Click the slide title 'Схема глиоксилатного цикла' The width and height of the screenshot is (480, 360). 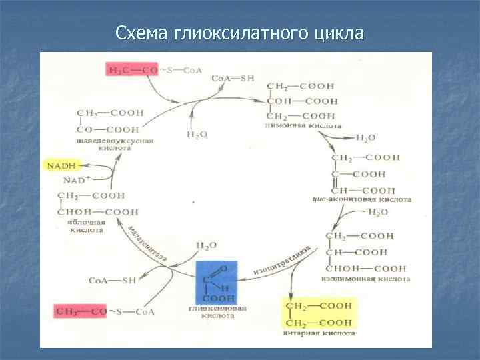[x=239, y=33]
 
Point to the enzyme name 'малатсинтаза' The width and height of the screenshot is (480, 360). [x=147, y=243]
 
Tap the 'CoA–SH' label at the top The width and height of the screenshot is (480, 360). [x=233, y=78]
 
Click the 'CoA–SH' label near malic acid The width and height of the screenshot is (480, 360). [x=111, y=281]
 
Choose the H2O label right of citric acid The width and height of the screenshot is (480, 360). [x=365, y=137]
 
